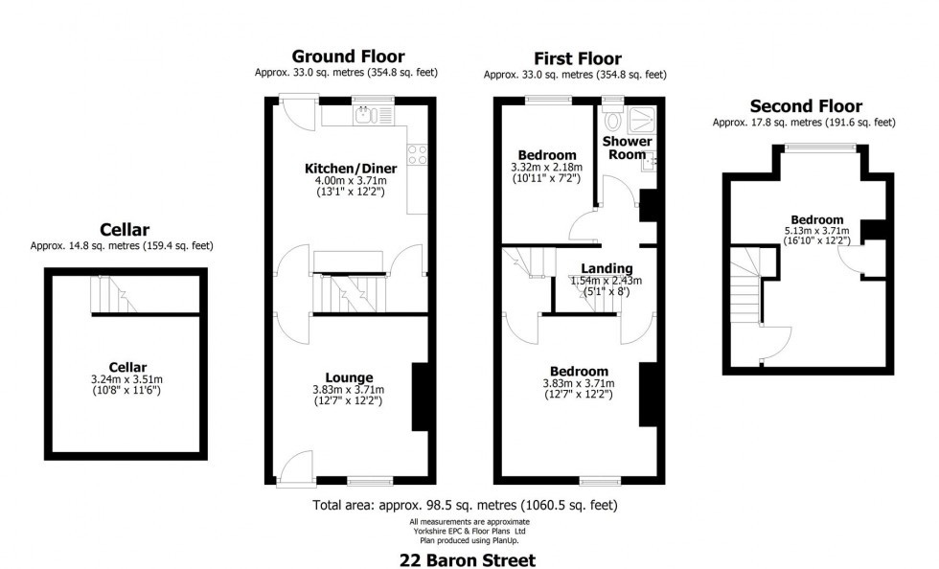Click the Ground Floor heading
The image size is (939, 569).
coord(348,57)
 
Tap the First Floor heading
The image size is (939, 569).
coord(577,58)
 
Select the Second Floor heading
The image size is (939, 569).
coord(806,106)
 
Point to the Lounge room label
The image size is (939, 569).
coord(348,376)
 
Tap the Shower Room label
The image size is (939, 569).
coord(627,148)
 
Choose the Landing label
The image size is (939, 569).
coord(607,267)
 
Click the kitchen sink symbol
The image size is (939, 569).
coord(364,116)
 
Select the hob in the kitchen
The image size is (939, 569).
coord(418,154)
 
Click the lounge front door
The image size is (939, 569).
coord(297,467)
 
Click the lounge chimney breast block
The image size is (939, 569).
coord(419,397)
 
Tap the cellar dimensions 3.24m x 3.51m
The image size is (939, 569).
coord(126,379)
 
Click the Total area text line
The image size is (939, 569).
coord(465,505)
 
